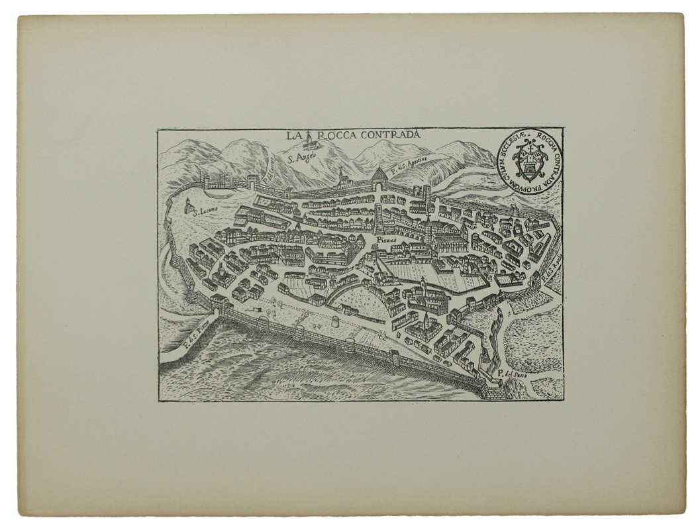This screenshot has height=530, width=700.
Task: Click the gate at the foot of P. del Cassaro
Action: [253, 183]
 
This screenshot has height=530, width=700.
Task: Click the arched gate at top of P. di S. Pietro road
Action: [219, 306]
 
